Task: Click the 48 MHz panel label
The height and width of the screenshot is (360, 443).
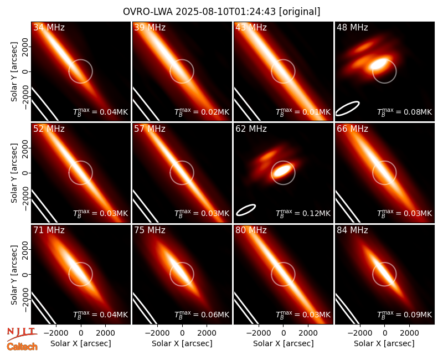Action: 352,27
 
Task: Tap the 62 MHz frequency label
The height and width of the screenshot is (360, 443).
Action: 251,129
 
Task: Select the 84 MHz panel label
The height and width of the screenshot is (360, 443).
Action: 352,230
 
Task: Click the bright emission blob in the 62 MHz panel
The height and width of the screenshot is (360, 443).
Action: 283,170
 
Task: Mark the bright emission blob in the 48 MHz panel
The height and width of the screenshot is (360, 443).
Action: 379,64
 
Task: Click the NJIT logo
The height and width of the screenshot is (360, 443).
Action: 22,333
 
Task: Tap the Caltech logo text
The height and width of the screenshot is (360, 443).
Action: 22,347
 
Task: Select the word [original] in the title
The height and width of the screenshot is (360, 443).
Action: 300,12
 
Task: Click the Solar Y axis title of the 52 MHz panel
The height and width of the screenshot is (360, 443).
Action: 14,173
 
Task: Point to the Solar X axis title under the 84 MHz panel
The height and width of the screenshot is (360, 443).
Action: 384,343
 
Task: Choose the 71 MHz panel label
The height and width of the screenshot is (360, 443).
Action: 49,230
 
